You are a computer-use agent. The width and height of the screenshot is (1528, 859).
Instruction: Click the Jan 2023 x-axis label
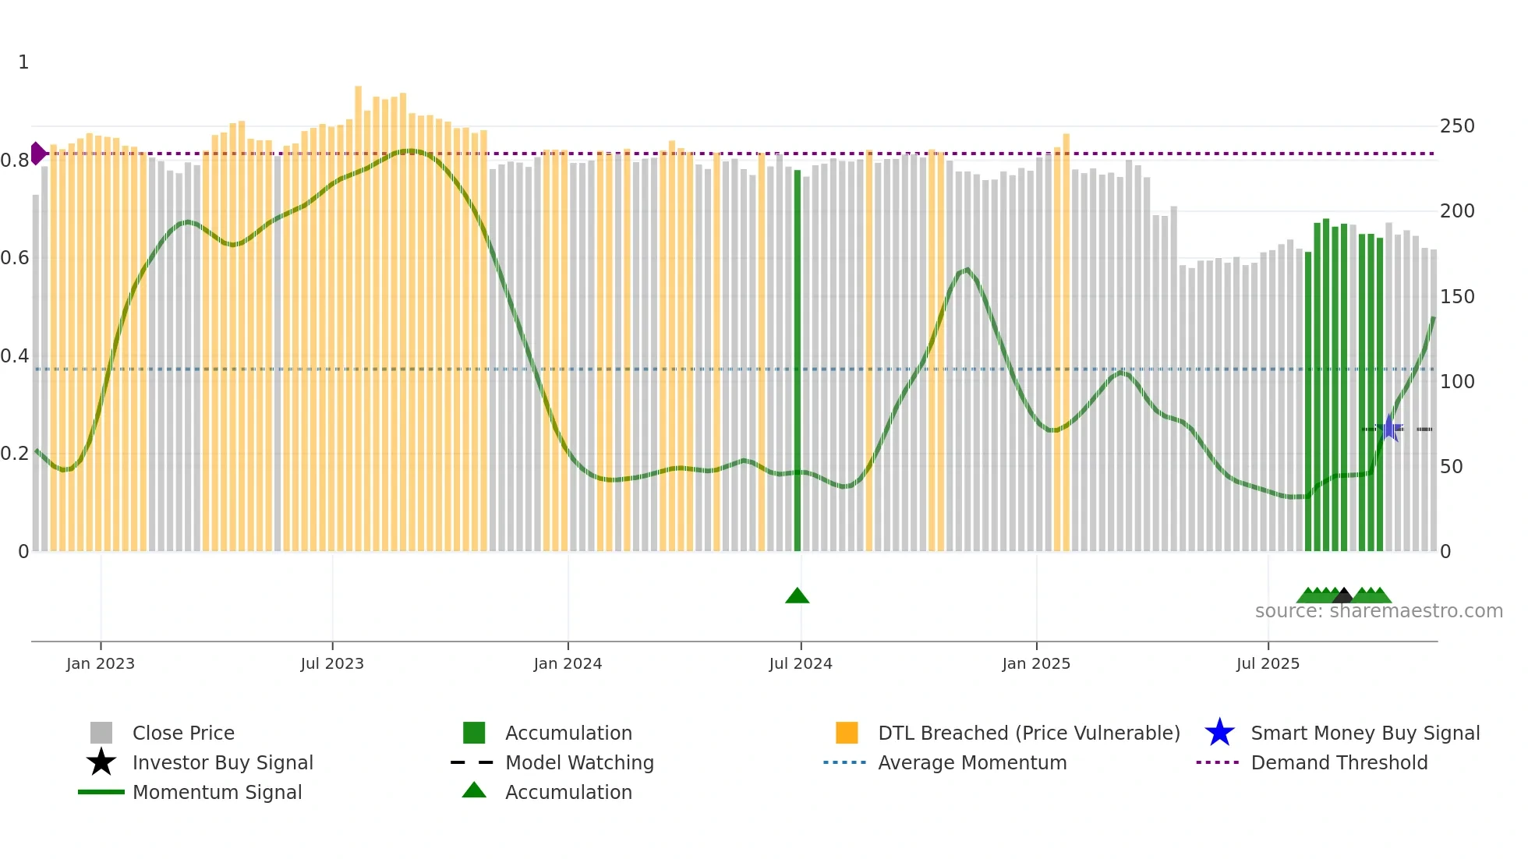pyautogui.click(x=100, y=663)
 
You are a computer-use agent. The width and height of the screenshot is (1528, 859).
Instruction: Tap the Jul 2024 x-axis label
pyautogui.click(x=800, y=663)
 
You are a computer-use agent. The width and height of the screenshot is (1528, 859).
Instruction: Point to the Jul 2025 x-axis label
pyautogui.click(x=1268, y=663)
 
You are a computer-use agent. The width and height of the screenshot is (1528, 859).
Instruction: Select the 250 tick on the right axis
pyautogui.click(x=1457, y=126)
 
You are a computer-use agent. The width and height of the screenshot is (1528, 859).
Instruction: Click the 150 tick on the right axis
pyautogui.click(x=1457, y=297)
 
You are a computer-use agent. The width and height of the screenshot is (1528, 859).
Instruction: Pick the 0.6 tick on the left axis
pyautogui.click(x=15, y=258)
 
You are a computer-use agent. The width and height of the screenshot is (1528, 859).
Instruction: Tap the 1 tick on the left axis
pyautogui.click(x=23, y=62)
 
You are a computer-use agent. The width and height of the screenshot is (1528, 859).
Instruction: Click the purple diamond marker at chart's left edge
pyautogui.click(x=37, y=154)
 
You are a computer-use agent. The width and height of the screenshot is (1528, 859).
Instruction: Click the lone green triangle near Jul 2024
pyautogui.click(x=797, y=596)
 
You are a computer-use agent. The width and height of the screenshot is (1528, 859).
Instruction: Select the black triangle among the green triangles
pyautogui.click(x=1342, y=596)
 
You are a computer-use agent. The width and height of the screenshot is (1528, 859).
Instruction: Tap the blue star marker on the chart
pyautogui.click(x=1388, y=428)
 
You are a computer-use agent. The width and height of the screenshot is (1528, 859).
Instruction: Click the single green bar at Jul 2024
pyautogui.click(x=797, y=359)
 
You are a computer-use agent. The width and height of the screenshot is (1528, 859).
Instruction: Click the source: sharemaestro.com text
pyautogui.click(x=1378, y=611)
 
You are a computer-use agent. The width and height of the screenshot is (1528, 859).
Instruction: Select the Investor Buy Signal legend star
pyautogui.click(x=101, y=762)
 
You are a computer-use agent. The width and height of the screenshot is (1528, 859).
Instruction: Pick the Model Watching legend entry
pyautogui.click(x=578, y=762)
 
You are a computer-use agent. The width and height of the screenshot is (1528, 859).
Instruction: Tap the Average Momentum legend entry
pyautogui.click(x=971, y=762)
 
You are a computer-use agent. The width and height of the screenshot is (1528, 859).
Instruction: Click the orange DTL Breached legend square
pyautogui.click(x=847, y=733)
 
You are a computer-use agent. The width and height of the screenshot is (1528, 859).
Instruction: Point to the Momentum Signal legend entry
pyautogui.click(x=217, y=792)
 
